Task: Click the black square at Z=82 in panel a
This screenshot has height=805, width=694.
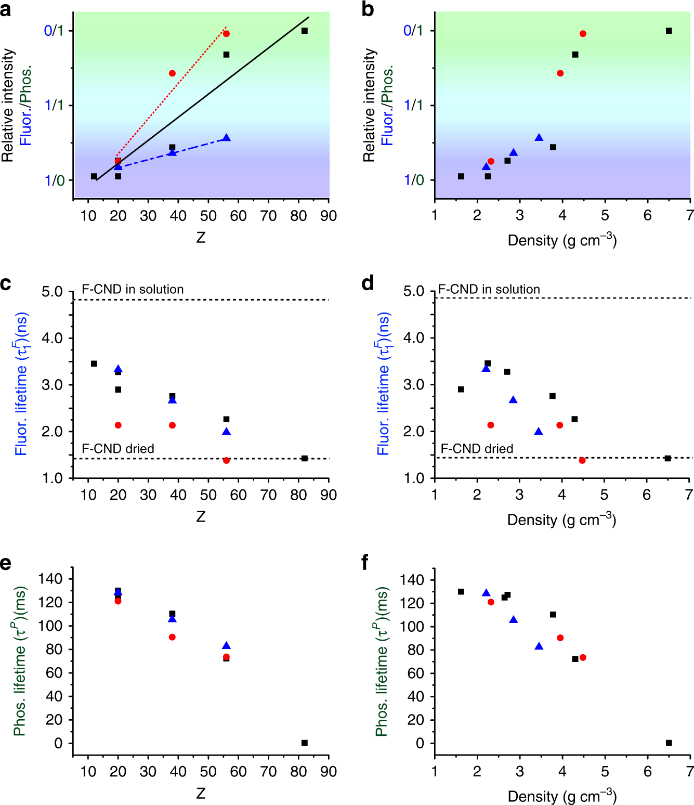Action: coord(305,31)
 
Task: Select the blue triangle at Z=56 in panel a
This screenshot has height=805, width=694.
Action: coord(226,138)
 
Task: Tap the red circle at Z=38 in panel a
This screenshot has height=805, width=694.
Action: coord(172,73)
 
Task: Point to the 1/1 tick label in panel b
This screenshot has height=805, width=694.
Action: coord(413,106)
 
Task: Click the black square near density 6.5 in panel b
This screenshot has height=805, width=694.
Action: coord(669,31)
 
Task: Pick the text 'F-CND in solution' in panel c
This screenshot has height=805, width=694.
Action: coord(133,289)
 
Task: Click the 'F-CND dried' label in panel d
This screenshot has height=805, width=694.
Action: coord(477,448)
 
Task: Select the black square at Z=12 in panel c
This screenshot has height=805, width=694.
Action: coord(94,363)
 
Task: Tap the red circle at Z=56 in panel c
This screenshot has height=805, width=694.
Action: coord(226,461)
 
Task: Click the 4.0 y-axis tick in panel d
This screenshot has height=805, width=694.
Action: coord(414,338)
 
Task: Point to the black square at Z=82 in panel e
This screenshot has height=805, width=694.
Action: coord(305,743)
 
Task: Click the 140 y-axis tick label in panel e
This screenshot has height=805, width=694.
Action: coord(51,579)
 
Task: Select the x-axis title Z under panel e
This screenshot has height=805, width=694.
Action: coord(201,793)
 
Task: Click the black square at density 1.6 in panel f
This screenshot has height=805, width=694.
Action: coord(461,592)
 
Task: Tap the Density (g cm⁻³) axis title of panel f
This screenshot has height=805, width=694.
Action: coord(562,796)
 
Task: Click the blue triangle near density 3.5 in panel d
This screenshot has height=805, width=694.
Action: coord(539,432)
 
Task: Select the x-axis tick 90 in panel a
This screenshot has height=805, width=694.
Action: coord(328,216)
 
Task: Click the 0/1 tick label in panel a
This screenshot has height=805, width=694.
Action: coord(54,31)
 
